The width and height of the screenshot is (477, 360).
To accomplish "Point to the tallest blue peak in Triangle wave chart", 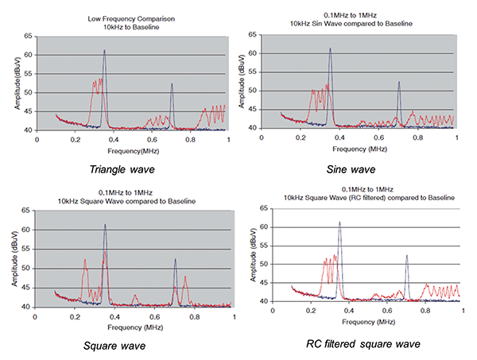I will point(104,51).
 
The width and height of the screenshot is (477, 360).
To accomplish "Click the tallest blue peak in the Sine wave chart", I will point(330,48).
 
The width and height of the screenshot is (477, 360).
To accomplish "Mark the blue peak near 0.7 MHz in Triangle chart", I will point(172,84).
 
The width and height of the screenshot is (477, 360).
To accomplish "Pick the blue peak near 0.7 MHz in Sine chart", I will point(399,82).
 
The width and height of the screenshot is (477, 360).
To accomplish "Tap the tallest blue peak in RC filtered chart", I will point(339,223).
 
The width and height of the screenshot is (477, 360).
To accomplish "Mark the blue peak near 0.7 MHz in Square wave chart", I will point(176,259).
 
